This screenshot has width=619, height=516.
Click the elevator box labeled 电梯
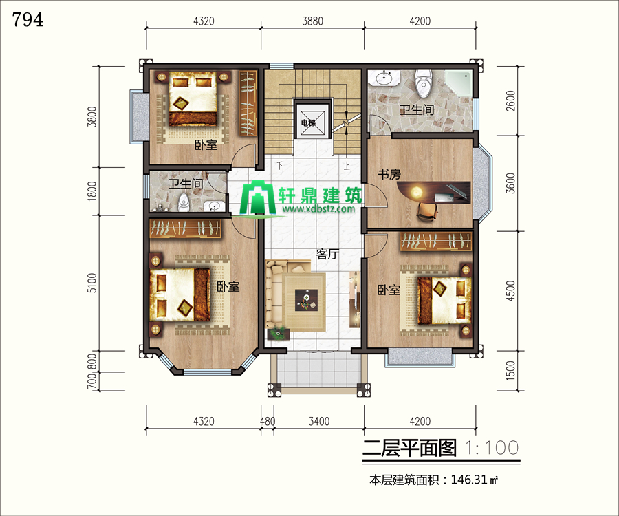(x=312, y=119)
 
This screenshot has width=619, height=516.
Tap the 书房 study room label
(x=389, y=174)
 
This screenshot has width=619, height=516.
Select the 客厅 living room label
(x=327, y=255)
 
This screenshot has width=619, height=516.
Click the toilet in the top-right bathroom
(x=423, y=83)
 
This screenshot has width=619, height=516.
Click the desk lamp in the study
(x=415, y=192)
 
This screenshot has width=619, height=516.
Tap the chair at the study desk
(x=428, y=212)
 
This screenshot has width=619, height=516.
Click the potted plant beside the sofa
(x=279, y=334)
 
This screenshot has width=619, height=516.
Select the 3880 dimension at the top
(x=313, y=21)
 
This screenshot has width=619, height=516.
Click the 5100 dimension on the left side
(x=91, y=283)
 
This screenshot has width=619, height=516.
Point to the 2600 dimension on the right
(x=510, y=100)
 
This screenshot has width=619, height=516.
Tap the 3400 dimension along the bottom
(x=318, y=421)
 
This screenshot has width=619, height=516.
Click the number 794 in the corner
(x=28, y=20)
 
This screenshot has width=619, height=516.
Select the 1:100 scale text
(x=492, y=448)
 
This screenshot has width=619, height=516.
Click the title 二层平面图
(x=409, y=448)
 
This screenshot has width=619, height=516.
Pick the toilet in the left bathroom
(x=183, y=202)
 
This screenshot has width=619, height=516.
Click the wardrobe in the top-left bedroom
(x=248, y=103)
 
